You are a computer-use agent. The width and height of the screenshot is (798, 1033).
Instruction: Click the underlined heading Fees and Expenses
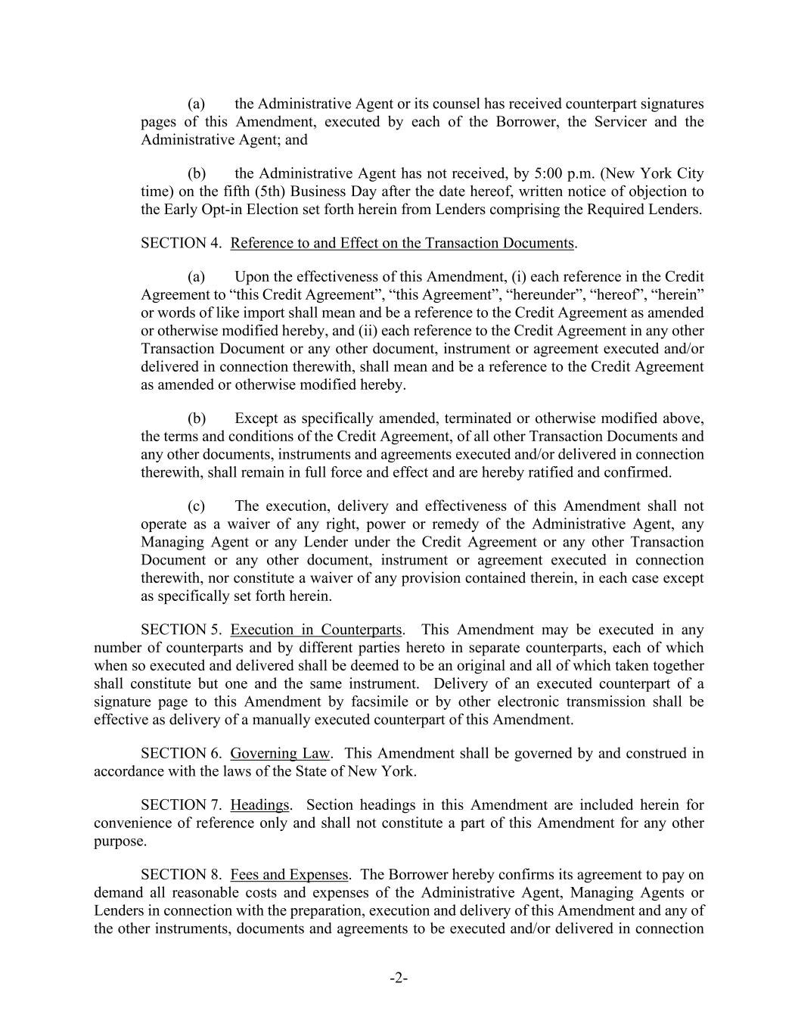pyautogui.click(x=289, y=875)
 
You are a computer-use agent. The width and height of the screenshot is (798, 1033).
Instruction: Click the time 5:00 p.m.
pyautogui.click(x=512, y=173)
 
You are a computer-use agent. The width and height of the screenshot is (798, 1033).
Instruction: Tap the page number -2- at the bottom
pyautogui.click(x=399, y=979)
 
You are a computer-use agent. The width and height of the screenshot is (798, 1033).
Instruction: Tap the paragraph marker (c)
pyautogui.click(x=197, y=506)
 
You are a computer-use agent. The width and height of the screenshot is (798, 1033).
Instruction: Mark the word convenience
pyautogui.click(x=132, y=823)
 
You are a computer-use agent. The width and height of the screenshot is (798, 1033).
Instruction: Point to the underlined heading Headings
pyautogui.click(x=260, y=805)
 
